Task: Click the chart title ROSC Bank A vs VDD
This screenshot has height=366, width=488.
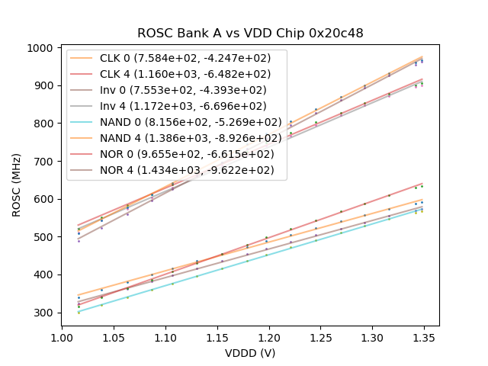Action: (250, 34)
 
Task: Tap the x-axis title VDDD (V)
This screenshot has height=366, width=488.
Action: (250, 353)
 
